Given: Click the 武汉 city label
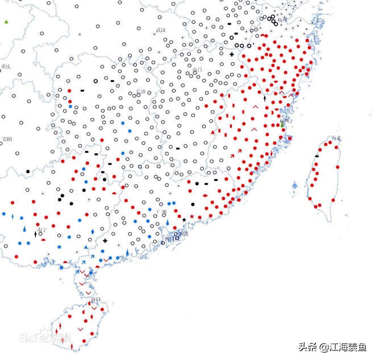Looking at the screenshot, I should point(161,30).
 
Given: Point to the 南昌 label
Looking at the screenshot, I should point(198,70).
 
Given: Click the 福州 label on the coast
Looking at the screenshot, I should point(284,121).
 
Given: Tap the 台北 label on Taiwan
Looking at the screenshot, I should point(336,139).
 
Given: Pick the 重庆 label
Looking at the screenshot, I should point(6,66).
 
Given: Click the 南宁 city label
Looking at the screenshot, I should point(43,231).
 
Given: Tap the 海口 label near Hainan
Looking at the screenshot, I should point(95,299).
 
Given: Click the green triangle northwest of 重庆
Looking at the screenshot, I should point(6,22).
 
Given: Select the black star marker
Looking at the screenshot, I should point(184,220).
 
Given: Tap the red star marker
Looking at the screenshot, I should point(192,217).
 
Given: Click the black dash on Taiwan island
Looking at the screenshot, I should point(316,156).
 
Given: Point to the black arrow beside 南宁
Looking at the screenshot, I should point(36,233).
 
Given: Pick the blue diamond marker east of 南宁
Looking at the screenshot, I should point(92,233).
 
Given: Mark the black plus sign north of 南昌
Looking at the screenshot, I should point(231,55).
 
